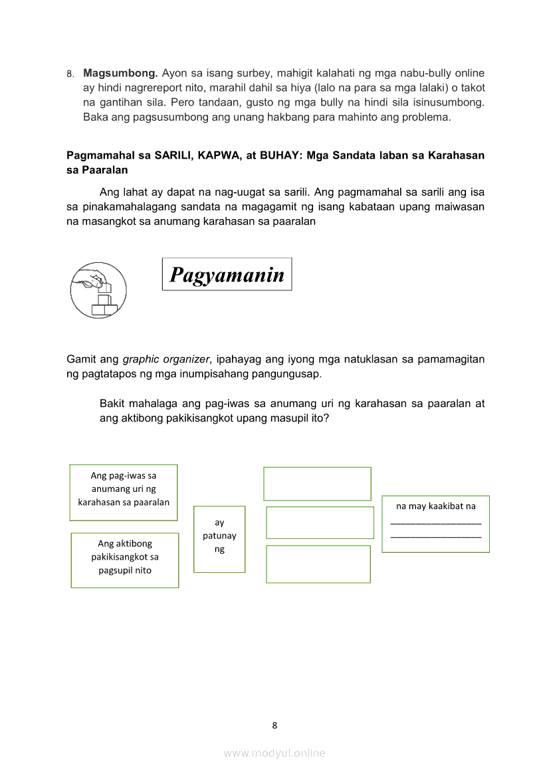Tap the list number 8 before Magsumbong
(x=69, y=74)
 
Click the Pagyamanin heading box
(x=227, y=274)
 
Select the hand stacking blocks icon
(x=98, y=290)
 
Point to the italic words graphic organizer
(x=166, y=360)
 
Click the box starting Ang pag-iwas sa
(x=124, y=492)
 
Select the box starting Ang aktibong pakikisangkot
(x=125, y=560)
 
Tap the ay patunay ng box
(x=219, y=538)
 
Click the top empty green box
(x=317, y=484)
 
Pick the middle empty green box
(x=320, y=522)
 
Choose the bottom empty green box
(x=318, y=564)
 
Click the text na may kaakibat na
(x=436, y=506)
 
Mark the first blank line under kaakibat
(x=436, y=523)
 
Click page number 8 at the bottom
(x=274, y=725)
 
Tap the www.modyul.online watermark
(x=274, y=753)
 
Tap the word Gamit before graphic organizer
(x=81, y=360)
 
